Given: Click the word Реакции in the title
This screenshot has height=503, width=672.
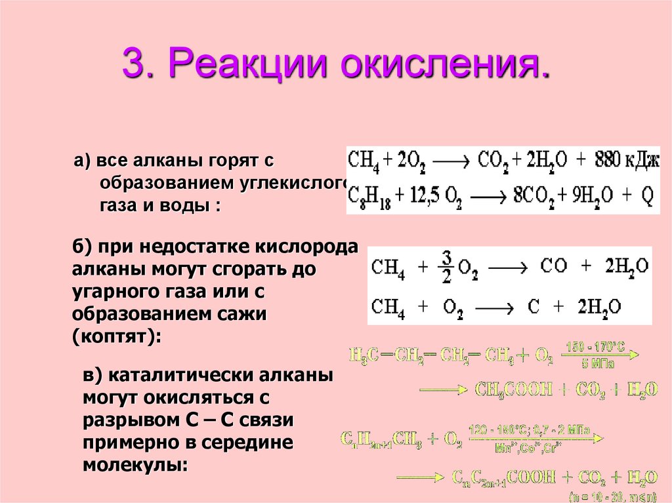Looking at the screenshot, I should click(246, 64).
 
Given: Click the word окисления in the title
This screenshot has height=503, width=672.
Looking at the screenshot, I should click(439, 64).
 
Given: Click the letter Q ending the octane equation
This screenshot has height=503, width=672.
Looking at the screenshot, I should click(648, 195).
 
